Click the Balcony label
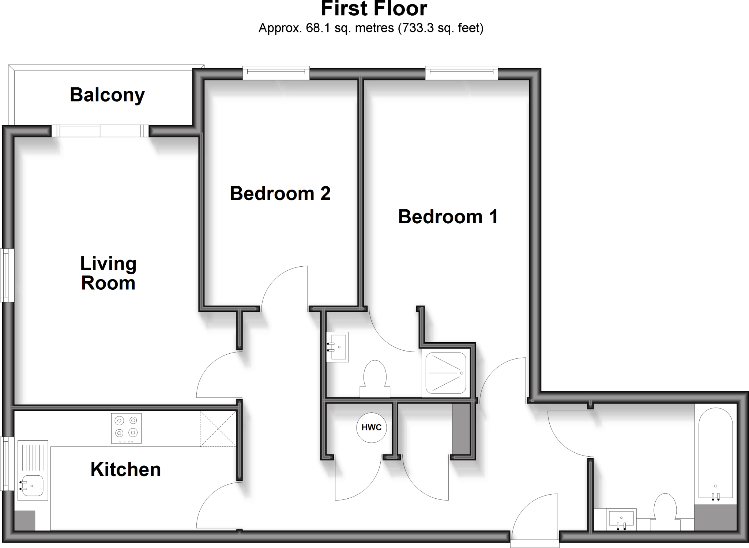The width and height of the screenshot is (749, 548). [x=107, y=95]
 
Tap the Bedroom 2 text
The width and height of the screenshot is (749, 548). [x=280, y=193]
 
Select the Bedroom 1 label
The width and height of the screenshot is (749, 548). [x=448, y=217]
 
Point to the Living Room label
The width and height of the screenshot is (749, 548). [x=108, y=273]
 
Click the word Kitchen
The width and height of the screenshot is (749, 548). [x=125, y=469]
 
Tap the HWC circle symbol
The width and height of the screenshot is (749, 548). [x=371, y=427]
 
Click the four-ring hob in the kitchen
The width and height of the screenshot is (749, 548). [x=126, y=428]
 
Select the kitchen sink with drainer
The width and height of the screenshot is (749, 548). [x=33, y=471]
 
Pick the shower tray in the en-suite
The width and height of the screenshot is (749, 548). [x=446, y=373]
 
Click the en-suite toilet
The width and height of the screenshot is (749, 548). [x=375, y=378]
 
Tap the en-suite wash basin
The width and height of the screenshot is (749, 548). [x=338, y=347]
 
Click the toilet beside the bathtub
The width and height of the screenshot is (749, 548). [x=665, y=511]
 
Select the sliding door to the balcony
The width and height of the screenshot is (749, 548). [x=100, y=131]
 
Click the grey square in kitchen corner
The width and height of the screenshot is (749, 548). [x=25, y=521]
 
